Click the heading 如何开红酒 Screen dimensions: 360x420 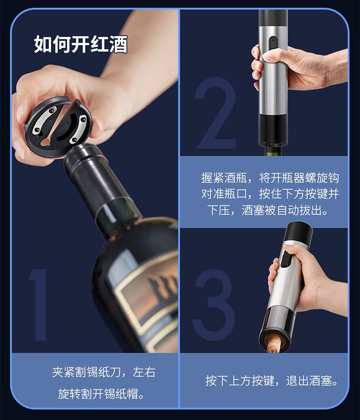[81, 44]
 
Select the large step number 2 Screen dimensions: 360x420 [216, 113]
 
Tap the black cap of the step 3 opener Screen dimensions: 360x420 [298, 232]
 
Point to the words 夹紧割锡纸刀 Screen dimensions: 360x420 [87, 372]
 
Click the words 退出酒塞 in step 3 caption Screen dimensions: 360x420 [309, 381]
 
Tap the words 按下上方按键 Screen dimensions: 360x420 [240, 381]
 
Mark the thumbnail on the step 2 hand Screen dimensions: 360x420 [270, 56]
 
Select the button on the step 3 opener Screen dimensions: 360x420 [286, 259]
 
